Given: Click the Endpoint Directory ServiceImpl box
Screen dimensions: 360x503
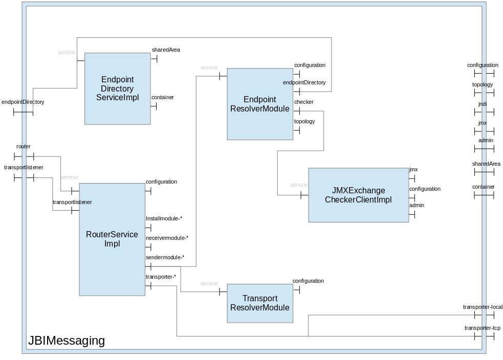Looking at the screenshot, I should click(117, 88).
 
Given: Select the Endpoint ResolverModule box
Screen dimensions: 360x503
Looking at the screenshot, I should click(260, 104).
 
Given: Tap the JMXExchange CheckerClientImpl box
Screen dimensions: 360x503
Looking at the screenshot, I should click(358, 195).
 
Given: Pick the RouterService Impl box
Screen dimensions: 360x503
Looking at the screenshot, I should click(112, 239).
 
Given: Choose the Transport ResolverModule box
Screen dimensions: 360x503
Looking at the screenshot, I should click(260, 303).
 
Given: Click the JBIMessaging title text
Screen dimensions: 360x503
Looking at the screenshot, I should click(67, 341).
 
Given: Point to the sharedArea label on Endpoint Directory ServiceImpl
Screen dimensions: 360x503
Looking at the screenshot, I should click(166, 50).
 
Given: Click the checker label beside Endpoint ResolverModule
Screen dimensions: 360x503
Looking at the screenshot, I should click(304, 102).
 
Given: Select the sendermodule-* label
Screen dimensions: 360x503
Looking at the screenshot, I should click(165, 257).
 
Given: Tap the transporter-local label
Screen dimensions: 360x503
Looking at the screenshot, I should click(483, 307).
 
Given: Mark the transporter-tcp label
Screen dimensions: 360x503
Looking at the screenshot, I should click(483, 328).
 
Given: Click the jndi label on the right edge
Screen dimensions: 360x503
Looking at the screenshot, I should click(483, 104).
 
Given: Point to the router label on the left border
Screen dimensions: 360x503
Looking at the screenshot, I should click(24, 147).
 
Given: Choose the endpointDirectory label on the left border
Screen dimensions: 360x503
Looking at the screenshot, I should click(23, 102).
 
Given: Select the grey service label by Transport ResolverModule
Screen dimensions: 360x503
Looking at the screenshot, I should click(209, 284).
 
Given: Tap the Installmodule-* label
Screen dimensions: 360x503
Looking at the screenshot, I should click(164, 218).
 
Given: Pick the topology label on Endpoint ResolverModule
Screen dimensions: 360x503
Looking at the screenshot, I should click(304, 122).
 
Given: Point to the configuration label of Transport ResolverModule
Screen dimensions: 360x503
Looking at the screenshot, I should click(308, 281).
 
